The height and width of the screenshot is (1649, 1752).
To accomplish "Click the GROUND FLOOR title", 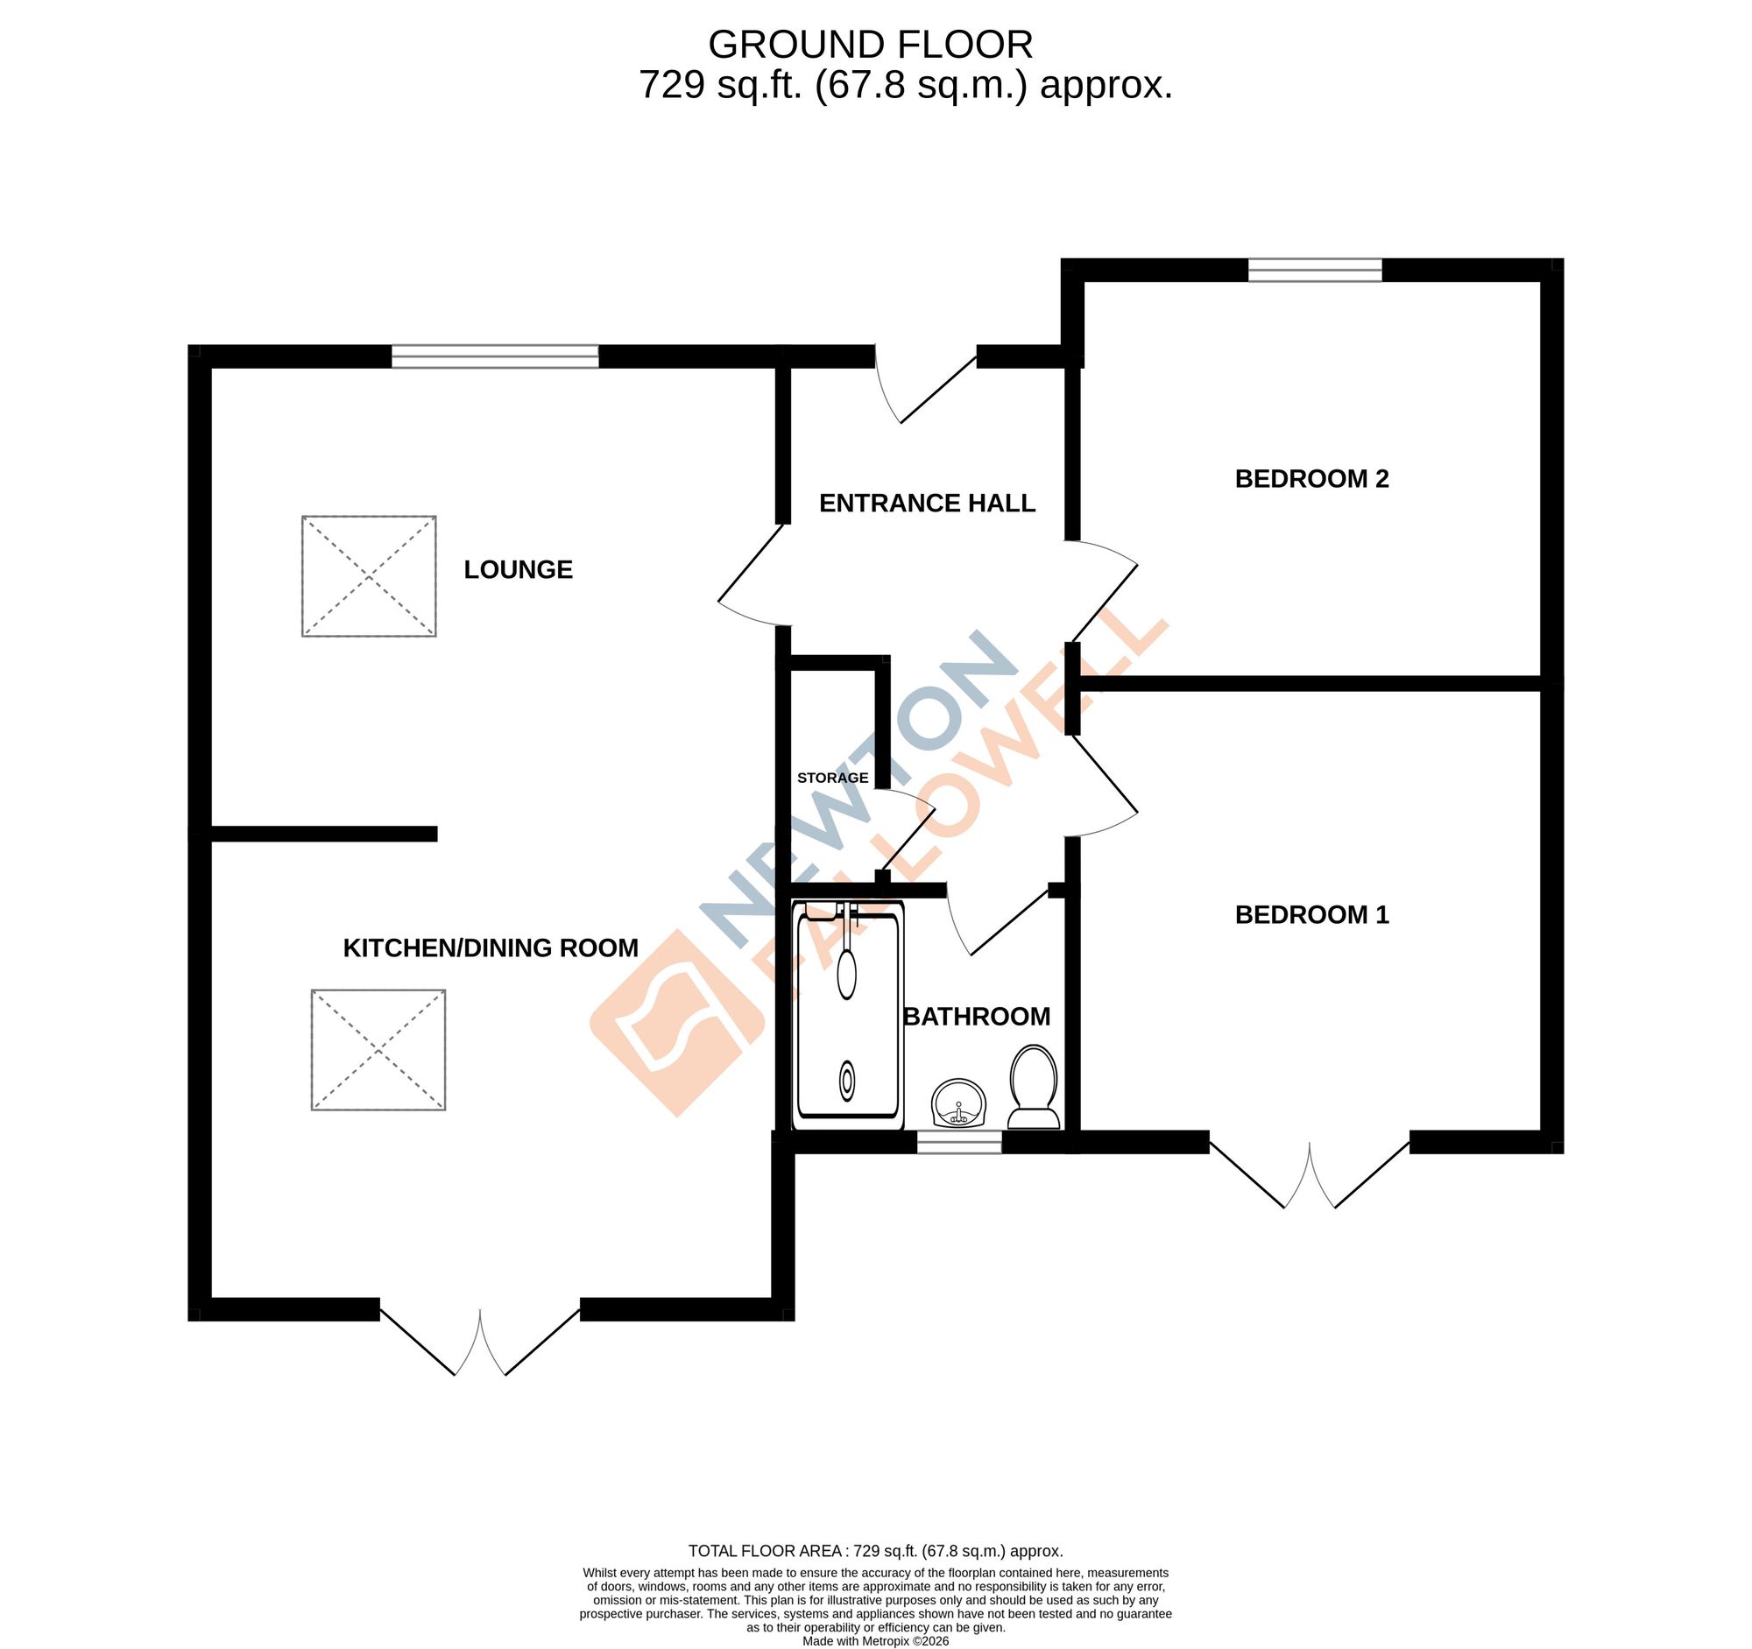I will (870, 45).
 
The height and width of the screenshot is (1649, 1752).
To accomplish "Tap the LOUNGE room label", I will (519, 570).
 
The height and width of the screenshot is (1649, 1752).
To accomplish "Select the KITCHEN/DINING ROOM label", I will (490, 948).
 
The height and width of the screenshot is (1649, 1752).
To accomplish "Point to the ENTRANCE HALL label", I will (926, 503).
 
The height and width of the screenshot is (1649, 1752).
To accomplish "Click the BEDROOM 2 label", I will (1311, 478).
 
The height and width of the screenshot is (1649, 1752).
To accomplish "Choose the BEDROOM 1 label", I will (1311, 914).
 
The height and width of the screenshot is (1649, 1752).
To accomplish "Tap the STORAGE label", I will (832, 778).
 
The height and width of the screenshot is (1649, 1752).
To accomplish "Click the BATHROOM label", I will (977, 1017).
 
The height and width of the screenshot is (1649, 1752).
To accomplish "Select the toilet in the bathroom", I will (1033, 1087).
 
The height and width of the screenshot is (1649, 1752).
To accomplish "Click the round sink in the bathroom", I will (958, 1104).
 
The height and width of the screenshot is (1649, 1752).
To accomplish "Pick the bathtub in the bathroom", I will (848, 1016).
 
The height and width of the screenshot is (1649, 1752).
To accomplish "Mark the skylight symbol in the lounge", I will (369, 576).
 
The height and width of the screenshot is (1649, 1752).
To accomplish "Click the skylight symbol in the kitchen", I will (378, 1050).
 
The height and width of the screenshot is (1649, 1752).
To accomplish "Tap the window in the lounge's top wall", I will (494, 356).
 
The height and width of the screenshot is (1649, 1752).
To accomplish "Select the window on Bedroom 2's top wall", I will (1315, 270).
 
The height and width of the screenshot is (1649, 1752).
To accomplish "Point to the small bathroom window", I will (959, 1143).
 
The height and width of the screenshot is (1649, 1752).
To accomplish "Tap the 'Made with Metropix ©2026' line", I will (875, 1641).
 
